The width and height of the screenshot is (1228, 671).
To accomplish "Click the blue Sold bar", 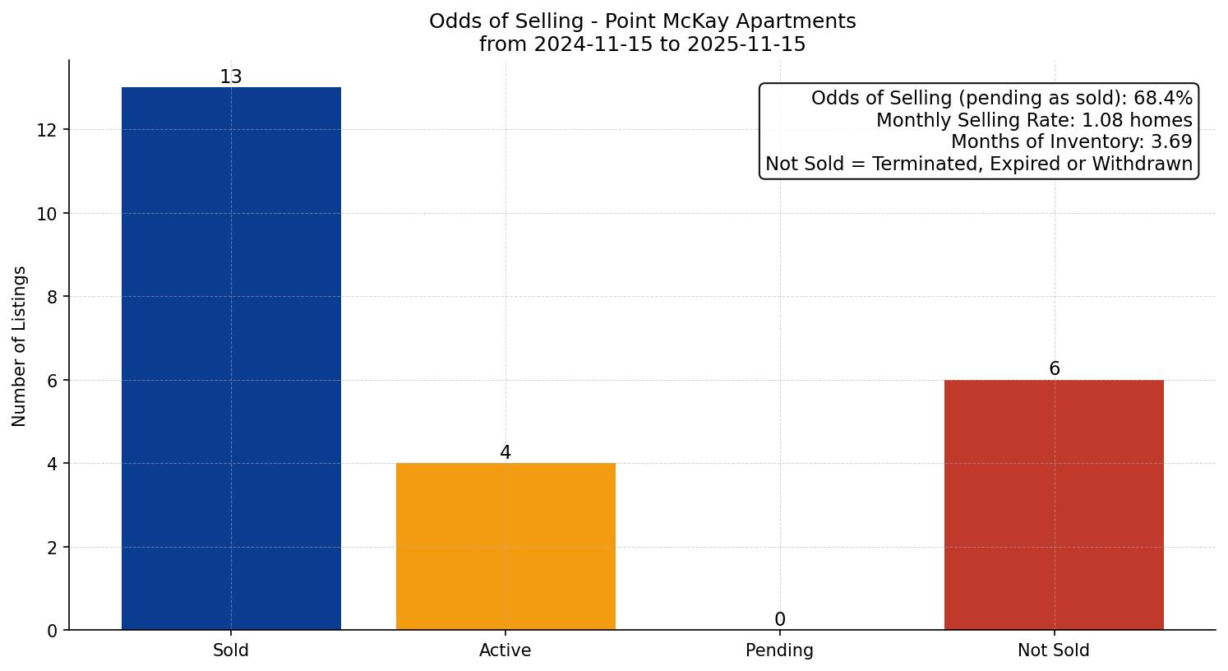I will tap(231, 359).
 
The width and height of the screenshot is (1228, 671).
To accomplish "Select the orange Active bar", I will tap(506, 547).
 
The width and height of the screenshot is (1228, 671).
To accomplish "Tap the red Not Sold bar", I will tap(1054, 505).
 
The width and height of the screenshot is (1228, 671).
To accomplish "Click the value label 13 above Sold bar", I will tap(231, 77).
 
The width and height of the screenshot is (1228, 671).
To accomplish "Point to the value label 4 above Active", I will tap(506, 453).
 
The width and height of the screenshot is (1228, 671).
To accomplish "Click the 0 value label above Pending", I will tap(779, 620).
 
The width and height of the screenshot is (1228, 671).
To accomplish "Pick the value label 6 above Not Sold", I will tap(1054, 369).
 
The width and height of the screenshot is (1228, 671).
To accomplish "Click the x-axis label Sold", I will tap(231, 650).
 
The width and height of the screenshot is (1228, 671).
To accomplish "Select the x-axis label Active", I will tap(506, 650).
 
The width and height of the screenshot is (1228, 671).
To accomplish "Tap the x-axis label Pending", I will tap(779, 650).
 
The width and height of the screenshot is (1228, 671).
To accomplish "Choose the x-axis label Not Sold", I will tap(1054, 650).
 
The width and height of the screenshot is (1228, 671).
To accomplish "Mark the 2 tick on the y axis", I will tap(52, 548).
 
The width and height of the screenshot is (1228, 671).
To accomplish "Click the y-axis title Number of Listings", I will tap(20, 345).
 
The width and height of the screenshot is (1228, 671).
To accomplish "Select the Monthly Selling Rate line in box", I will tap(1033, 120).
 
